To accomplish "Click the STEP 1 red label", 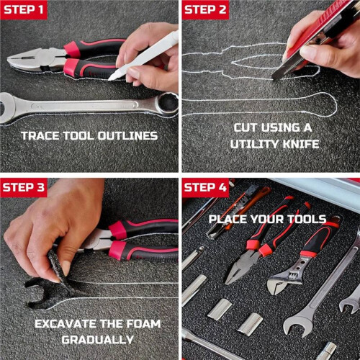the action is tap(24, 9).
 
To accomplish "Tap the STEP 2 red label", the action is tap(205, 9).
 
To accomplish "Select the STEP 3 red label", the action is tap(24, 187).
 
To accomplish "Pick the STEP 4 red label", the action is tap(205, 187).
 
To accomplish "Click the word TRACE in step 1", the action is tap(40, 136).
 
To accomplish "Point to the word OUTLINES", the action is tap(127, 136).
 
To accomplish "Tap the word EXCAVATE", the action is tap(66, 324).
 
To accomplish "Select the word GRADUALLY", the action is tap(97, 340).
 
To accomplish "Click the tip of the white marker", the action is tap(110, 78).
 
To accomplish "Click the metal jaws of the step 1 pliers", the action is tap(36, 60).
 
